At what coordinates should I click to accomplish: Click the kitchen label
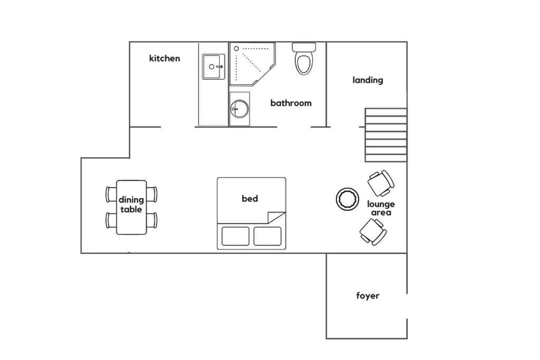coord(165,58)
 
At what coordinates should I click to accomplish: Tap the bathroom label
coord(291,103)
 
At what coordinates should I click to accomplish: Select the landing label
coord(368,80)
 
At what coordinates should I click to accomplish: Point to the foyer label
coord(368,296)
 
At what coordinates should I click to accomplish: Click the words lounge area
coord(381,208)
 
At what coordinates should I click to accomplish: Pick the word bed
coord(249,199)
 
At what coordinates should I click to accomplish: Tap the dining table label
coord(131,205)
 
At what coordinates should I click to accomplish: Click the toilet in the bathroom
coord(304,59)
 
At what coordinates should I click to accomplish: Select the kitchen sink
coord(214,66)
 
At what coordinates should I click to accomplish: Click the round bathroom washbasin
coord(239,109)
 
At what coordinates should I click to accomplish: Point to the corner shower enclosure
coord(253,64)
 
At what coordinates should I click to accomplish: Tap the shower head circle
coord(237,49)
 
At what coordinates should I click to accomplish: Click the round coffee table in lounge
coord(348,199)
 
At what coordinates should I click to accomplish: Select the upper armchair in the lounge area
coord(381,183)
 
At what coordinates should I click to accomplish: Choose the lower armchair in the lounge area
coord(373,232)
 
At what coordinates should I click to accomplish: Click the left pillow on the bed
coord(236,236)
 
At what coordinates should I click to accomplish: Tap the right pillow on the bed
coord(267,236)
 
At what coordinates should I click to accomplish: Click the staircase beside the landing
coord(386,135)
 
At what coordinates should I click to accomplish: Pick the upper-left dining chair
coord(111,194)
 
